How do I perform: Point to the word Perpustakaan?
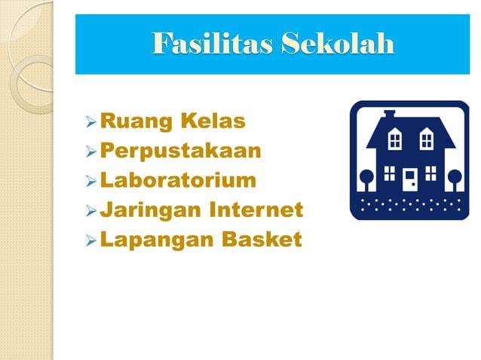click(180, 151)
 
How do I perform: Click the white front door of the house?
click(409, 180)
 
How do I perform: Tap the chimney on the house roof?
click(390, 115)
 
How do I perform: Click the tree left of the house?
click(366, 179)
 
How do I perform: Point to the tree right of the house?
click(454, 179)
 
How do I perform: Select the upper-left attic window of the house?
click(394, 139)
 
